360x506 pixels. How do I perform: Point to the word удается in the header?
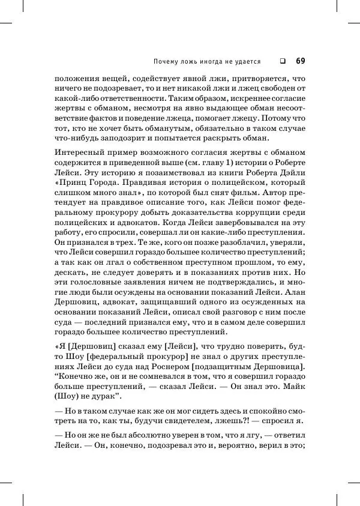[x=247, y=61]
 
